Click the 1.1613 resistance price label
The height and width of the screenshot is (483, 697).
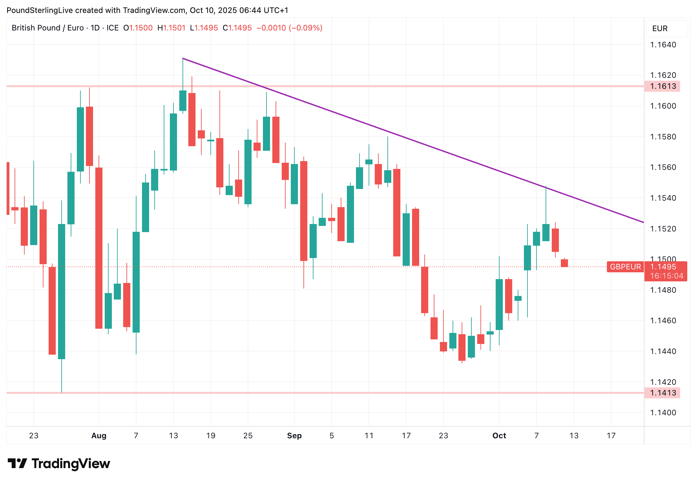pyautogui.click(x=663, y=86)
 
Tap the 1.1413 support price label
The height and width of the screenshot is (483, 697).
pyautogui.click(x=663, y=393)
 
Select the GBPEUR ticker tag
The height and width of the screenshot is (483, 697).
pyautogui.click(x=625, y=267)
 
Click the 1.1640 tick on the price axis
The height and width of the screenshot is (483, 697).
pyautogui.click(x=663, y=45)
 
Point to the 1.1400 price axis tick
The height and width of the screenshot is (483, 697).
pyautogui.click(x=663, y=413)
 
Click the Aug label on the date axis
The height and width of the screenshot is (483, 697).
pyautogui.click(x=99, y=436)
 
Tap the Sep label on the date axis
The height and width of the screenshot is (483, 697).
pyautogui.click(x=294, y=436)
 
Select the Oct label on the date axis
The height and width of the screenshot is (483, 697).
pyautogui.click(x=499, y=436)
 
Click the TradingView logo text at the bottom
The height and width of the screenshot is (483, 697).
pyautogui.click(x=71, y=464)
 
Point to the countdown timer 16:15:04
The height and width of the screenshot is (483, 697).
pyautogui.click(x=667, y=276)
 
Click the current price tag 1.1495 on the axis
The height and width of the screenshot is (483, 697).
pyautogui.click(x=663, y=267)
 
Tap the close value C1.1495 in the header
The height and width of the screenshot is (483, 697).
pyautogui.click(x=237, y=28)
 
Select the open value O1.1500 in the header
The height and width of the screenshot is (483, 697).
pyautogui.click(x=138, y=28)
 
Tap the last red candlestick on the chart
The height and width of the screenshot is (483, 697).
pyautogui.click(x=564, y=263)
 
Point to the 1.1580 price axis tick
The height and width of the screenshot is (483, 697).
pyautogui.click(x=663, y=137)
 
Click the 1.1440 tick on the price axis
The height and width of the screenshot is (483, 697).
pyautogui.click(x=663, y=351)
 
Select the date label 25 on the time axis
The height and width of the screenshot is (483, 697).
pyautogui.click(x=248, y=436)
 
